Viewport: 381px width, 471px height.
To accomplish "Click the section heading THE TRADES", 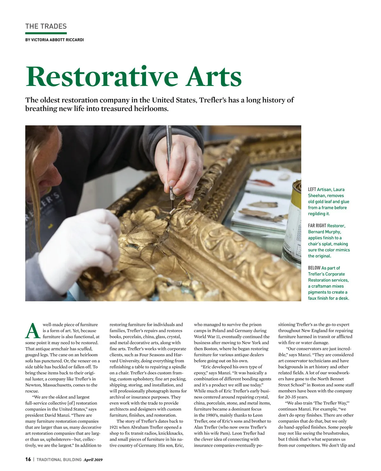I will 46,26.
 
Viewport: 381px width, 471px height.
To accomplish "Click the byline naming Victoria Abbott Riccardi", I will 54,40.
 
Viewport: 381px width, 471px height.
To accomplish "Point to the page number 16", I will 28,459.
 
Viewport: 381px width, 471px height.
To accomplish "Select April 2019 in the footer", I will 93,460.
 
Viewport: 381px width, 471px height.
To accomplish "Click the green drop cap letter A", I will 33,331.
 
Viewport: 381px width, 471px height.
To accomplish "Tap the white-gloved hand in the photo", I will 79,241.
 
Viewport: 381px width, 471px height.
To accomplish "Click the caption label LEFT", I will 312,190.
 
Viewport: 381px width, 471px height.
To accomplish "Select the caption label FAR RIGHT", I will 317,226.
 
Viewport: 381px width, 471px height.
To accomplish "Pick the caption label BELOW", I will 314,268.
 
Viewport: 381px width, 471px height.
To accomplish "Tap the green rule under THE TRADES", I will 46,33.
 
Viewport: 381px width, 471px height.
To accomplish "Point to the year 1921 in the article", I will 113,427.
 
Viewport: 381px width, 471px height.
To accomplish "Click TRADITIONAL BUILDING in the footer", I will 59,460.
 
